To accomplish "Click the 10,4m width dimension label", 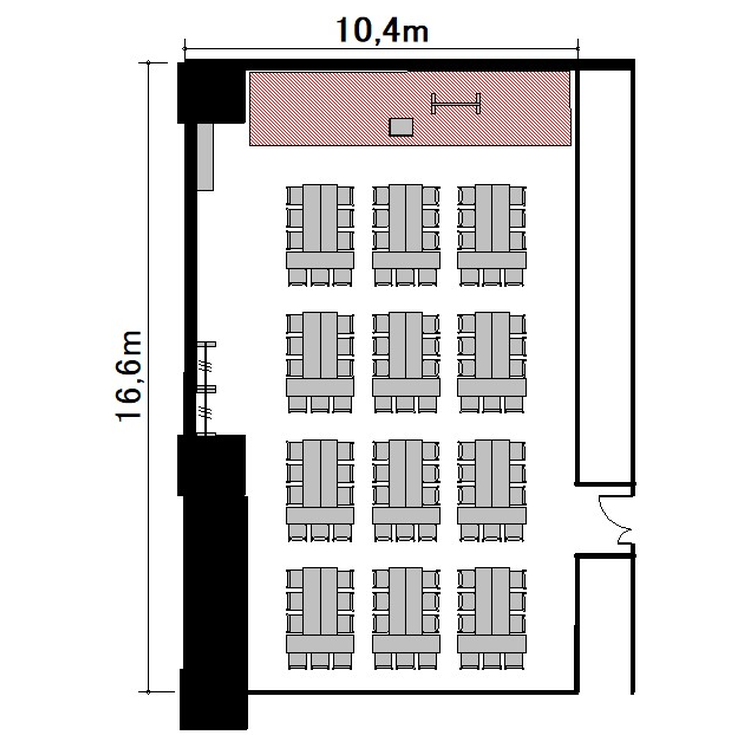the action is tap(382, 30).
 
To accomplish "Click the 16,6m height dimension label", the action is tap(129, 376).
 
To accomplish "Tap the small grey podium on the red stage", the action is tap(401, 127).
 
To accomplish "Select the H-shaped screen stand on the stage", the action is tap(455, 103).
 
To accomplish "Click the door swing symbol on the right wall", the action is tap(617, 520).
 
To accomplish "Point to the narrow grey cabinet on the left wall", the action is tap(205, 157).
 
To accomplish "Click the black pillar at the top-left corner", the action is tap(211, 92).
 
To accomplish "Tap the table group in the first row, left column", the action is tap(320, 235).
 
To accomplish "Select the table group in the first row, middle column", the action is tap(406, 235).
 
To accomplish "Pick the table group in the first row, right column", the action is tap(492, 235).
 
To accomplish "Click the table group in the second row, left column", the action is tap(320, 363).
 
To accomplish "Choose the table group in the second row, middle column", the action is tap(406, 363).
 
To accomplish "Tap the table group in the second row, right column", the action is tap(492, 363).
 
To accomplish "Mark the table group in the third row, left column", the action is tap(320, 491).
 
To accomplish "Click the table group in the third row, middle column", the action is tap(406, 491).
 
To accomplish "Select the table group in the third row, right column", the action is tap(492, 491).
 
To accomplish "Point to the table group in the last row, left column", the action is tap(320, 618).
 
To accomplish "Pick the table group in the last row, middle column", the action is tap(406, 618).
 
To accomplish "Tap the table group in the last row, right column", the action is tap(492, 618).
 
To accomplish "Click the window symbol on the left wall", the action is tap(206, 388).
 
